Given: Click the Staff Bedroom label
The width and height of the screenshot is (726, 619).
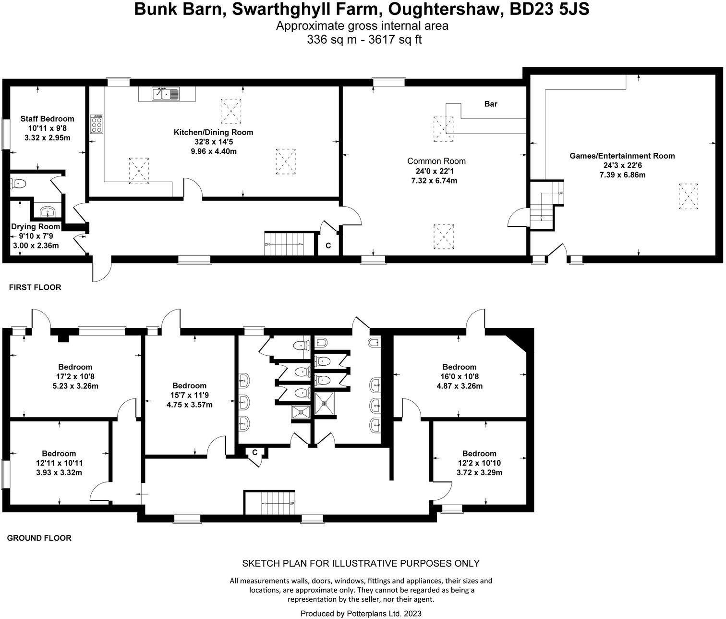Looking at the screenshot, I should (x=47, y=119).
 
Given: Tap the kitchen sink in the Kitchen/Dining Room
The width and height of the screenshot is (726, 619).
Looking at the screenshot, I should (x=166, y=94).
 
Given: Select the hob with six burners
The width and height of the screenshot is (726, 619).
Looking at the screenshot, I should (x=97, y=124).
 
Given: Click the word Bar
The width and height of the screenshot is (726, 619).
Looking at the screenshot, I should (x=491, y=104).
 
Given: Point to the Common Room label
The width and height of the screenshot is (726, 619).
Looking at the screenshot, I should (x=436, y=161).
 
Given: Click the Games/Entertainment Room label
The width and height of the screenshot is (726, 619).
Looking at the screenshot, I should (x=622, y=156).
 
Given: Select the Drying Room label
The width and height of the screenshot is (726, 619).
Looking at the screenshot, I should (x=36, y=226).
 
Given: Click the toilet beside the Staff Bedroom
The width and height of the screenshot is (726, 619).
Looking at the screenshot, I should (x=18, y=183).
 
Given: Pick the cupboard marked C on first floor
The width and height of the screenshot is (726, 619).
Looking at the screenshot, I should (x=328, y=246).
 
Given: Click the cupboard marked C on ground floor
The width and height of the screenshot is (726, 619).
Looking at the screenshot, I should (x=255, y=452).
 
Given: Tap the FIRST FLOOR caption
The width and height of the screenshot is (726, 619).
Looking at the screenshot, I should (x=35, y=287).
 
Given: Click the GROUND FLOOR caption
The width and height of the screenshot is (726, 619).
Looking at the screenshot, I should (x=39, y=538).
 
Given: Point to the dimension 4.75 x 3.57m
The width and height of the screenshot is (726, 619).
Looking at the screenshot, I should (x=189, y=405).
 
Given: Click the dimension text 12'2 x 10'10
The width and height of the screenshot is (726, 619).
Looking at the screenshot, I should (x=479, y=463).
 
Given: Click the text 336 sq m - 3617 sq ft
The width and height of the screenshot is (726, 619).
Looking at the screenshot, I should (x=364, y=40).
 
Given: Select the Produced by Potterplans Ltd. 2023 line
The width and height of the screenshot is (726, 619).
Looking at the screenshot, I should (x=361, y=613).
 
